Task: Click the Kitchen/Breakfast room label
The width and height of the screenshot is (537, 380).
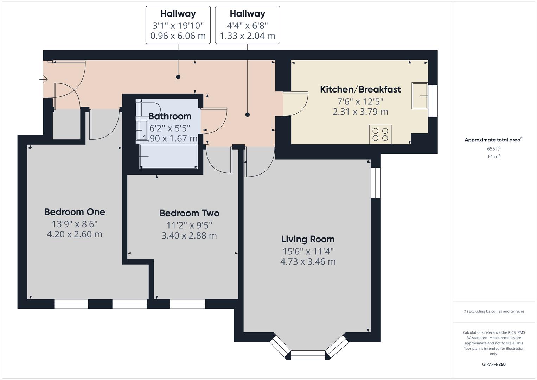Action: pos(360,89)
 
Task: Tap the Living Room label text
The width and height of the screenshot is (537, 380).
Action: pos(308,239)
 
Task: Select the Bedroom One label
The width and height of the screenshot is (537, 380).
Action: pos(74,212)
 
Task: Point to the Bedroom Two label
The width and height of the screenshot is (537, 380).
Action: pos(189,213)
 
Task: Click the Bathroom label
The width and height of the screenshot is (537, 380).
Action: pos(170,116)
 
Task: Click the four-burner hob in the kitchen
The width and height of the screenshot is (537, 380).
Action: pos(380,134)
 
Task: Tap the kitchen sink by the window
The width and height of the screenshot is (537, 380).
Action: pos(420,96)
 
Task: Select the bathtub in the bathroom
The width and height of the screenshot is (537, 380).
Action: pos(168,157)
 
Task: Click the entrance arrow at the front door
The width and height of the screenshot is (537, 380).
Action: pos(44,80)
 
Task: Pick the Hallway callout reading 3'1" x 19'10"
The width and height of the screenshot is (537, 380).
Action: pos(178,25)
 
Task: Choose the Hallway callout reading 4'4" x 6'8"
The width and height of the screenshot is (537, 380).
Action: pos(247,25)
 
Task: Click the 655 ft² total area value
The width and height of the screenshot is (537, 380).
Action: pos(494,149)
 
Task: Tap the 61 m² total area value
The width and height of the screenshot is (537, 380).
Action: pos(494,157)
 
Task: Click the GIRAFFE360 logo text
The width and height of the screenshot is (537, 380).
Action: pos(494,364)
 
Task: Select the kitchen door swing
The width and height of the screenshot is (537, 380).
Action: pos(297,104)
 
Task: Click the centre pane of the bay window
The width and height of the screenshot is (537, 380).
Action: pos(308,355)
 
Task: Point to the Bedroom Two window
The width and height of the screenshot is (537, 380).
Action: pos(187,304)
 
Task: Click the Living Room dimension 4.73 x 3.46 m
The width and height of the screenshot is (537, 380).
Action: pos(308,262)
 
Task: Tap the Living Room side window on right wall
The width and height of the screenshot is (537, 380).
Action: pos(376,183)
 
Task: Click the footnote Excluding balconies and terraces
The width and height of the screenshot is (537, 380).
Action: pos(494,311)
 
